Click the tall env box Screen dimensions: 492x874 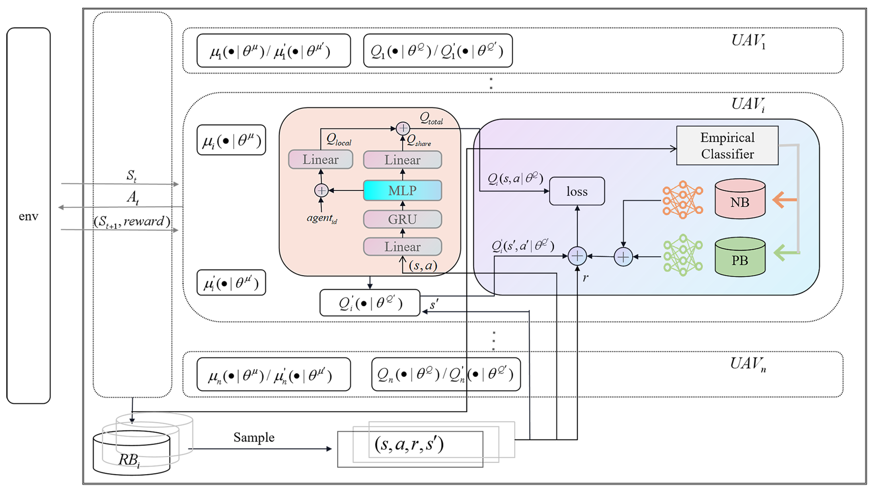(x=28, y=216)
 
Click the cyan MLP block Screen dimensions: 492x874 (x=402, y=191)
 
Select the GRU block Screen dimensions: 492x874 (x=402, y=219)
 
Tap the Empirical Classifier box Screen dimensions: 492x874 (x=727, y=146)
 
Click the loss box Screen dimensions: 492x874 (x=577, y=191)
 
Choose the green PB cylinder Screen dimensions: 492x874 (x=740, y=258)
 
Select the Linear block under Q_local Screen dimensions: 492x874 (x=320, y=160)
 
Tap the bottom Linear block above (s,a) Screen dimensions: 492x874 (x=402, y=246)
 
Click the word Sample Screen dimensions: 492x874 (x=254, y=437)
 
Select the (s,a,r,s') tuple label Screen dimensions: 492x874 (x=409, y=444)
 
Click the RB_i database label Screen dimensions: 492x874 (x=129, y=460)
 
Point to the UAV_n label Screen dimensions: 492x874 (x=748, y=364)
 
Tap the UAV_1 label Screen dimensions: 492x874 (x=748, y=41)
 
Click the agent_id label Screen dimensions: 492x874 (x=321, y=218)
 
